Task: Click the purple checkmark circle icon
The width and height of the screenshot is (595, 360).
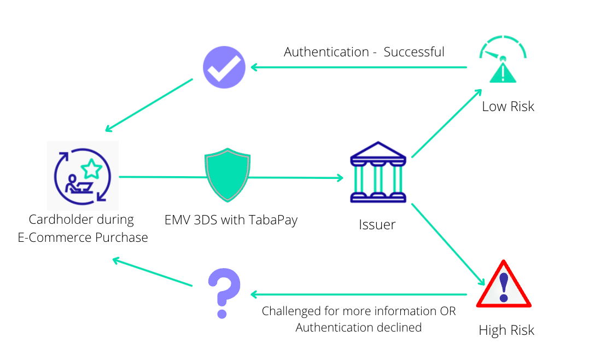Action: (224, 67)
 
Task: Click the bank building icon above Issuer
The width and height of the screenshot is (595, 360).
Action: (378, 172)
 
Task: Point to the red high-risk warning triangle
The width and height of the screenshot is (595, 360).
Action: (504, 285)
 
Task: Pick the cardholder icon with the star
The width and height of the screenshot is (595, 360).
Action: (83, 176)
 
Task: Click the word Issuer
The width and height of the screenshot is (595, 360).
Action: (377, 224)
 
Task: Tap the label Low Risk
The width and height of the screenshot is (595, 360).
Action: (507, 106)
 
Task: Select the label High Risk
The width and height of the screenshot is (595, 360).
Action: (506, 330)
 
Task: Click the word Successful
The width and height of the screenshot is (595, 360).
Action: (414, 52)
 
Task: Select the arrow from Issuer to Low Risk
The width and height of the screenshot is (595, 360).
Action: (446, 124)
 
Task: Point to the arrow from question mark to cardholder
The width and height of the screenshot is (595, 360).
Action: (152, 272)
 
